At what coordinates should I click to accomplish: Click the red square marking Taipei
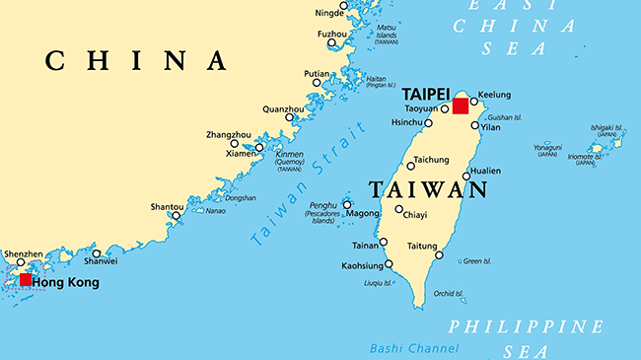[x=461, y=106]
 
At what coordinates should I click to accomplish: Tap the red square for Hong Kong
[x=25, y=280]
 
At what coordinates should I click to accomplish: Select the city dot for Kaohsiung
[x=389, y=263]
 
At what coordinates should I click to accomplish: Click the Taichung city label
[x=430, y=160]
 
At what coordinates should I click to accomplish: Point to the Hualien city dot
[x=466, y=177]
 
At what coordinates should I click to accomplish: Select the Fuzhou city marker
[x=333, y=43]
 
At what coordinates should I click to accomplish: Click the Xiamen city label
[x=240, y=155]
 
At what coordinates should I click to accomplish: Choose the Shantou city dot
[x=176, y=215]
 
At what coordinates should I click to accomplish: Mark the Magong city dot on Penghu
[x=347, y=205]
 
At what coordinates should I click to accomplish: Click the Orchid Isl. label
[x=449, y=293]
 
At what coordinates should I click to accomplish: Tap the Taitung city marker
[x=439, y=255]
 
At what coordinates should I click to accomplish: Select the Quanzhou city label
[x=283, y=108]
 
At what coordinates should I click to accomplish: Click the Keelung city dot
[x=474, y=101]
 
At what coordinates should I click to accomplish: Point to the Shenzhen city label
[x=24, y=253]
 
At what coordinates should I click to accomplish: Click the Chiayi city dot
[x=398, y=209]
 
